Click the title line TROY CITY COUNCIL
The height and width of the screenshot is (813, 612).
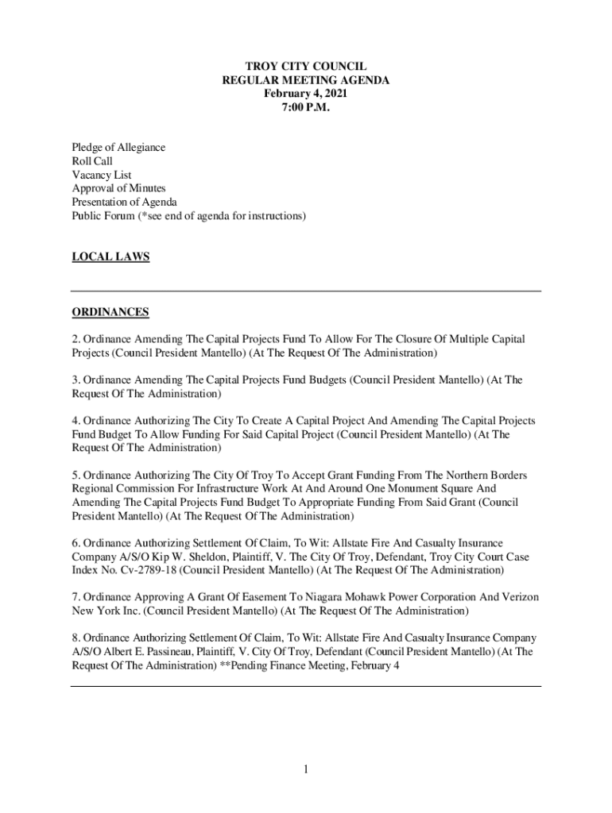tap(305, 67)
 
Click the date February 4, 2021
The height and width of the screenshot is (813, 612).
tap(305, 94)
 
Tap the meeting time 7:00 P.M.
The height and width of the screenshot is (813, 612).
tap(305, 107)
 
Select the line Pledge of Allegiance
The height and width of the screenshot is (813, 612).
tap(118, 148)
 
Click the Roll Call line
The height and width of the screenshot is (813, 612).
tap(92, 161)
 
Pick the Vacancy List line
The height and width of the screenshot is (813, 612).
tap(102, 175)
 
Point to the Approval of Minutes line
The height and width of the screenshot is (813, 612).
tap(118, 188)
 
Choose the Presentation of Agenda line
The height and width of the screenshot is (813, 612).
tap(124, 202)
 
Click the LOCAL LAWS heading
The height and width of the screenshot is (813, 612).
tap(110, 256)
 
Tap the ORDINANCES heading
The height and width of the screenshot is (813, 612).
tap(110, 312)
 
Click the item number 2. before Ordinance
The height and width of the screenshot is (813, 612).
tap(76, 340)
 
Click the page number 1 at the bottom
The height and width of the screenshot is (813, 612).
tap(305, 769)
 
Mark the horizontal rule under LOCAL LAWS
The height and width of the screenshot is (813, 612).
tap(305, 291)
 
